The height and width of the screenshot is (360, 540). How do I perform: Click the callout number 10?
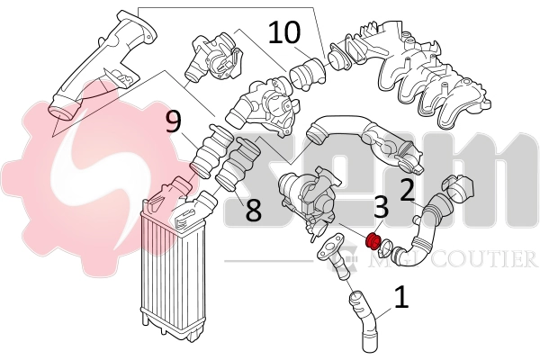tap(284, 32)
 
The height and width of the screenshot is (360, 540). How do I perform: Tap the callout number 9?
tap(173, 122)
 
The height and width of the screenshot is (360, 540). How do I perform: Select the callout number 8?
tap(254, 210)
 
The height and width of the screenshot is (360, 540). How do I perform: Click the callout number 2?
tap(408, 190)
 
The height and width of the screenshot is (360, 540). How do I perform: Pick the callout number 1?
tap(401, 298)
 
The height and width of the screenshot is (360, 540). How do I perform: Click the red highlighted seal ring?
tap(373, 241)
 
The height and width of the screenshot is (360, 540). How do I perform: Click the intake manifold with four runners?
tap(409, 72)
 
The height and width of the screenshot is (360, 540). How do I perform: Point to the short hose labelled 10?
tap(307, 73)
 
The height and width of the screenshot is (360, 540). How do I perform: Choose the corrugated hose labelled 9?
tap(211, 151)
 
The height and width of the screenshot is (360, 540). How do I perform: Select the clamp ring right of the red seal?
tap(385, 247)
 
